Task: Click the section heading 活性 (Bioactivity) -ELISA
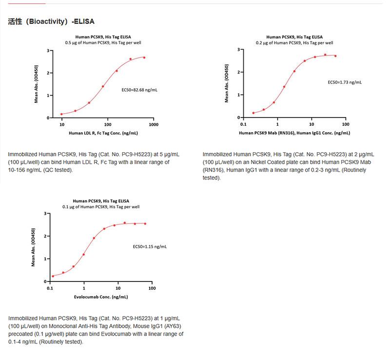click(x=51, y=21)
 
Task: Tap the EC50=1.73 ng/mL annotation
click(x=344, y=82)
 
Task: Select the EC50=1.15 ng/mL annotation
click(x=150, y=247)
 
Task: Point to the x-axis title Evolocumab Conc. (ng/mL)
click(x=101, y=297)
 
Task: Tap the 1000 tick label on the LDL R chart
click(x=154, y=125)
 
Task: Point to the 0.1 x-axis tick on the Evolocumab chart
click(x=50, y=288)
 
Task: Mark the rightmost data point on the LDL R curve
click(x=144, y=58)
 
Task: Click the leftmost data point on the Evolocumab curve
click(x=53, y=276)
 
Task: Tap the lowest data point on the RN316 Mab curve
click(x=253, y=113)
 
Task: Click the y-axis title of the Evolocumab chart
click(x=33, y=247)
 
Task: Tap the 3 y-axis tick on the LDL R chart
click(x=48, y=50)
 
